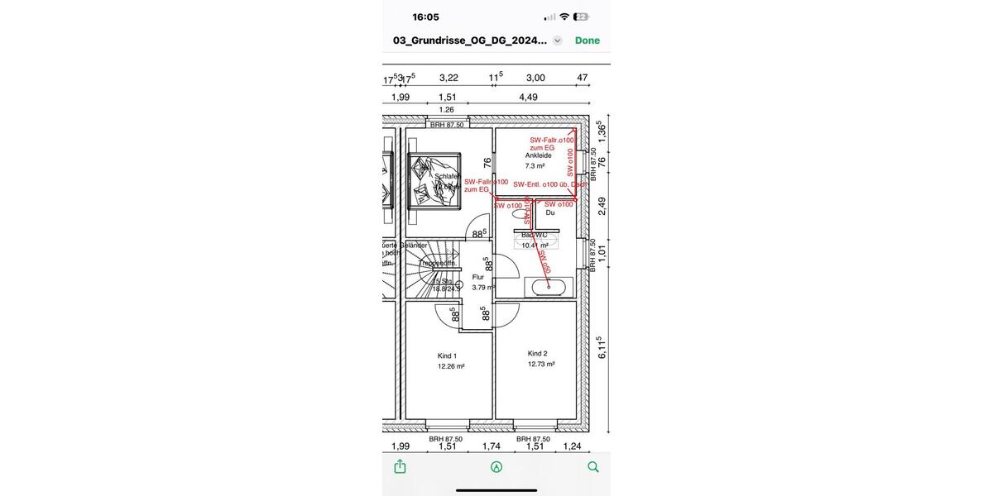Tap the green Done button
click(x=588, y=41)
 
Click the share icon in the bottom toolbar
click(x=401, y=466)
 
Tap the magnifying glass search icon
click(x=592, y=466)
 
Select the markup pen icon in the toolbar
click(x=496, y=466)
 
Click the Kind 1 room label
click(x=447, y=356)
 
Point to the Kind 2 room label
click(x=538, y=353)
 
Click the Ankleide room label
click(x=538, y=155)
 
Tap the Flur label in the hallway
click(x=478, y=278)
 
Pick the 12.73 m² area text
click(x=541, y=364)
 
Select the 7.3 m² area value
click(x=536, y=166)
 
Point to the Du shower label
click(x=550, y=213)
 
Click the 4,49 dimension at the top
click(x=528, y=97)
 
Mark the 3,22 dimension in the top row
click(x=449, y=78)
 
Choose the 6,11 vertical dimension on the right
click(x=602, y=347)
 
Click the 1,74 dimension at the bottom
click(x=492, y=446)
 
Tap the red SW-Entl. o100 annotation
click(x=549, y=184)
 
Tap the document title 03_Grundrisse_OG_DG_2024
click(x=470, y=41)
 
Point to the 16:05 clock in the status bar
click(x=425, y=17)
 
